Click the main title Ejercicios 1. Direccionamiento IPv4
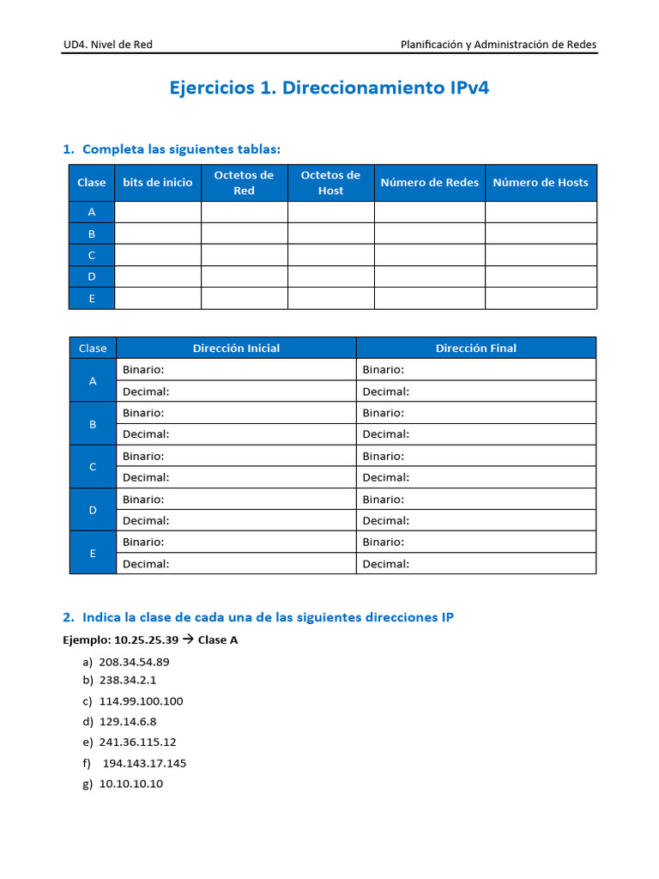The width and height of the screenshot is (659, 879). [329, 88]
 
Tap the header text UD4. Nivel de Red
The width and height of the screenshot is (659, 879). [107, 45]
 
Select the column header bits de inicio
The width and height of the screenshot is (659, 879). [157, 183]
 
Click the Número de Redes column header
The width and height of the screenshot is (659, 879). [429, 183]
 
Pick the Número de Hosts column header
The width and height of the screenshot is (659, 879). [541, 183]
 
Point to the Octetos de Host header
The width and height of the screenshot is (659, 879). [330, 183]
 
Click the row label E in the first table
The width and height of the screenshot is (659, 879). [91, 298]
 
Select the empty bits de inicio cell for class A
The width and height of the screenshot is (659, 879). [157, 212]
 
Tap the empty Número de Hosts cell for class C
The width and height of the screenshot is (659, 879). [541, 255]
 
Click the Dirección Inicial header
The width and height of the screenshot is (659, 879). [236, 348]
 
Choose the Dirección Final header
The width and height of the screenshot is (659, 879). [475, 348]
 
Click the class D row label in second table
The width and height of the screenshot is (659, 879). [93, 510]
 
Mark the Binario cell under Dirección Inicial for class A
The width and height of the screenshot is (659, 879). [236, 370]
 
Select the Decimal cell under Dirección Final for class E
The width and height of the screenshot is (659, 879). [475, 564]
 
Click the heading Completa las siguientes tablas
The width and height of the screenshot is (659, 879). [181, 150]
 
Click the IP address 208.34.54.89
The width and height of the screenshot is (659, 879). [134, 662]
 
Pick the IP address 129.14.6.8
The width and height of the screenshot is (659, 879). [128, 722]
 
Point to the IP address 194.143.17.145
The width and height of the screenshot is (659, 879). [144, 763]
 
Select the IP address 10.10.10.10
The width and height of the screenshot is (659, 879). [130, 784]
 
